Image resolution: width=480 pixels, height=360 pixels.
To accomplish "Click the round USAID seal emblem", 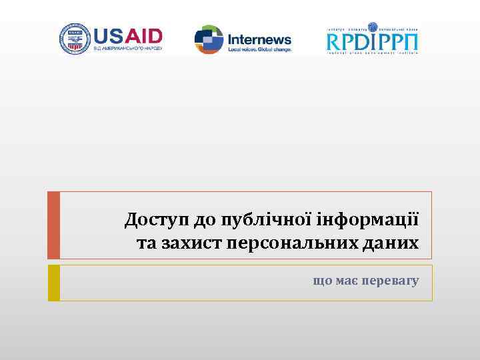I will point(75,38).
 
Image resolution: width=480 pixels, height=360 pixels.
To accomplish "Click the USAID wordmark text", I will point(127,35).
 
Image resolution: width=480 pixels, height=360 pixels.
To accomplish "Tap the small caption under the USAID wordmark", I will point(127,49).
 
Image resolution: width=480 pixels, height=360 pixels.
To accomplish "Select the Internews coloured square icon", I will point(208,39).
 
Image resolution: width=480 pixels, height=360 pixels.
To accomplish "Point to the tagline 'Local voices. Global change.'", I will point(259,49).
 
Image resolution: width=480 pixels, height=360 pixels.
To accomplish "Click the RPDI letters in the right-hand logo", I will point(354,42).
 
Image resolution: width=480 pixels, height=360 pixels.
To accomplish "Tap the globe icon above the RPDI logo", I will point(373,27).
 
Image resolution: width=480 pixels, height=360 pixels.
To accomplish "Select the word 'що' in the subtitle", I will point(322,281).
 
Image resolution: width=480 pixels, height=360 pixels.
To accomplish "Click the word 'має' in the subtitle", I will point(346,281).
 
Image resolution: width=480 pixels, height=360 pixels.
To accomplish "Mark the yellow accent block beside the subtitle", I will point(54,283).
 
